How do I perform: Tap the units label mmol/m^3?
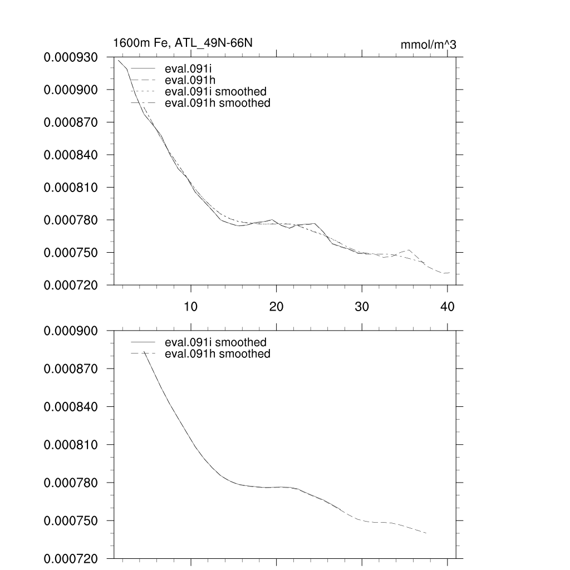(428, 45)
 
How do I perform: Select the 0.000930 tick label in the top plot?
(75, 57)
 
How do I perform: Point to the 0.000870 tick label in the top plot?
(75, 122)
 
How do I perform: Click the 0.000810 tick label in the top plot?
(75, 188)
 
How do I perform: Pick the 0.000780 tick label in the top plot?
(75, 220)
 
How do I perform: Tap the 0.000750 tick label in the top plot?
(75, 253)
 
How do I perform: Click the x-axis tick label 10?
(191, 307)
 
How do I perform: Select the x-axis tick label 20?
(277, 307)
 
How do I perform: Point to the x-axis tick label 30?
(362, 307)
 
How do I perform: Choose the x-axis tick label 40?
(448, 307)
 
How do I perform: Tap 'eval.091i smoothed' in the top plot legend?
(212, 91)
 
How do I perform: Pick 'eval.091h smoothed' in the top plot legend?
(214, 103)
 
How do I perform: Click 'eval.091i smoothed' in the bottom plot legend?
(212, 342)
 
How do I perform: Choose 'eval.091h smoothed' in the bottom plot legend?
(214, 354)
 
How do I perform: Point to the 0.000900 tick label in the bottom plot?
(75, 331)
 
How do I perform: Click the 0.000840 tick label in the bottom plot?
(75, 407)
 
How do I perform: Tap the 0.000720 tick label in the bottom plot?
(75, 559)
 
